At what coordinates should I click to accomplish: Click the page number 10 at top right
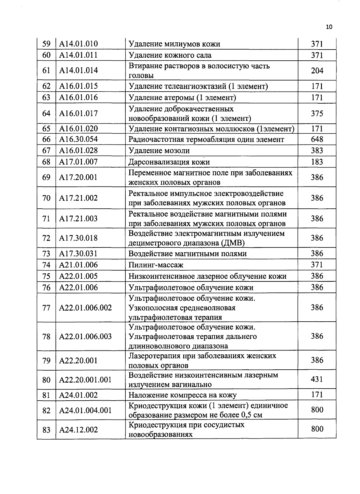point(329,27)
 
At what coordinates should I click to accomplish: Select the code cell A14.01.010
point(78,44)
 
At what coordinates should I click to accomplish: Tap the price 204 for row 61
point(317,71)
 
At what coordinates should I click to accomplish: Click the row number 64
point(46,113)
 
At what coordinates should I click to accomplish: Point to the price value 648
point(317,139)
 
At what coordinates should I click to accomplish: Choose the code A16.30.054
point(78,139)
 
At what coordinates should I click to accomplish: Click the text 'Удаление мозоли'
point(159,150)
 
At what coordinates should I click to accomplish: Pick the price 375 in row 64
point(317,113)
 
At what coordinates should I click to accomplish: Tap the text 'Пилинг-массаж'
point(156,265)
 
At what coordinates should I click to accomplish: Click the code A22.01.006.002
point(85,308)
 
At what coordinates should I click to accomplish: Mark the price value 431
point(317,380)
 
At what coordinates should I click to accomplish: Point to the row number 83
point(46,430)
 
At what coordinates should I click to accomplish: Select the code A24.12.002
point(78,430)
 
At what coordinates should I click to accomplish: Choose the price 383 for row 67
point(317,150)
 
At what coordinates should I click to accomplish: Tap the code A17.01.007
point(78,162)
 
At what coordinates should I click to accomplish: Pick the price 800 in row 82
point(317,410)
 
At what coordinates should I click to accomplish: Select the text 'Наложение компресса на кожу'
point(182,395)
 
